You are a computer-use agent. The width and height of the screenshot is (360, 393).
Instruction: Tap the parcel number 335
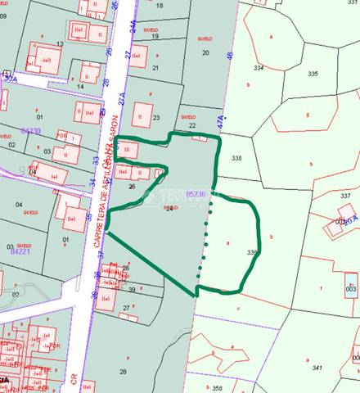click(x=313, y=74)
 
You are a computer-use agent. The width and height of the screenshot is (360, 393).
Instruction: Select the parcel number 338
click(x=237, y=157)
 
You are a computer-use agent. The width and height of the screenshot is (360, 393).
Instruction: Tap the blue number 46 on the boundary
click(x=231, y=56)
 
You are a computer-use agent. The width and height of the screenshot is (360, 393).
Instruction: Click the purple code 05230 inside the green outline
click(x=196, y=193)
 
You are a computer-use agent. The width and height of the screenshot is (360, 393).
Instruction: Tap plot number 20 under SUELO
click(x=205, y=52)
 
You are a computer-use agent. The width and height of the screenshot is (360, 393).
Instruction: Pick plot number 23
click(x=155, y=118)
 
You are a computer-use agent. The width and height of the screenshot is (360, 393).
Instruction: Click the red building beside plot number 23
click(x=142, y=113)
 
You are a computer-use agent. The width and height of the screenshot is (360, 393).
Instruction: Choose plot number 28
click(x=123, y=372)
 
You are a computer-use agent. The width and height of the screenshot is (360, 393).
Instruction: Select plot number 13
click(x=60, y=43)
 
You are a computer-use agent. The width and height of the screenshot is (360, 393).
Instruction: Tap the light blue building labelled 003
click(x=350, y=289)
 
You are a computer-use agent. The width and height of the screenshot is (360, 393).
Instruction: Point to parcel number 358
click(x=217, y=387)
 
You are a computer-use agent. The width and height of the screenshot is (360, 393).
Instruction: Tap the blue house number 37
click(x=101, y=254)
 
